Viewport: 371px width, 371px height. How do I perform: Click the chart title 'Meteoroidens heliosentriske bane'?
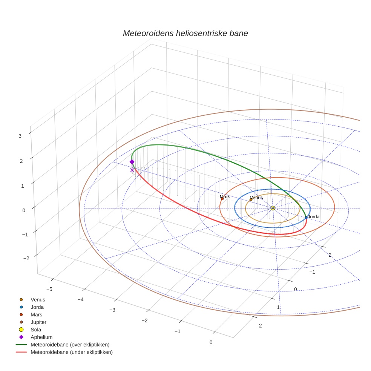coord(185,33)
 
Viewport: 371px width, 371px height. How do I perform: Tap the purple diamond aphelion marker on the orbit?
coord(132,162)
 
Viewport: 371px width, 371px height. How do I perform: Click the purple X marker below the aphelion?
coord(132,170)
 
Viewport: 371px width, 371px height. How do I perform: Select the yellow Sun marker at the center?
coord(273,208)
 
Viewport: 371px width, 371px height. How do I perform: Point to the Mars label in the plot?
coord(225,197)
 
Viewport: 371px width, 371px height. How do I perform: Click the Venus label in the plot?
coord(256,198)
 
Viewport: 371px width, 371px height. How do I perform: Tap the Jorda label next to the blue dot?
coord(314,217)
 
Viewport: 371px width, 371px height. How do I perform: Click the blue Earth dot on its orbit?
coord(306,218)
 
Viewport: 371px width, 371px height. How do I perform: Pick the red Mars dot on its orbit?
coord(222,199)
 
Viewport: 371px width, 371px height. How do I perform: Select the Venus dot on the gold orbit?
coord(251,200)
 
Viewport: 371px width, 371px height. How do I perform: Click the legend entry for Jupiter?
coord(38,322)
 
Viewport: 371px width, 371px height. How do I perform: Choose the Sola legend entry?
coord(36,330)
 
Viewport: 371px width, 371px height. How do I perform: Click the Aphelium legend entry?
coord(41,337)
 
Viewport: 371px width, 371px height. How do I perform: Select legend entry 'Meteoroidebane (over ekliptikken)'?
coord(70,345)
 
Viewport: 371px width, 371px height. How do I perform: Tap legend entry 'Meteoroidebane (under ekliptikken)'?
coord(71,352)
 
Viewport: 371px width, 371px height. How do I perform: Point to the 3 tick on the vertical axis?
coord(20,136)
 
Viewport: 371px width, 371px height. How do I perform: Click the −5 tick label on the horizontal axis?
coord(49,289)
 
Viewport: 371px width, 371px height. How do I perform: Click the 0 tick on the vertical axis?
coord(24,210)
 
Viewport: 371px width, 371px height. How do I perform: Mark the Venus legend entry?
coord(38,299)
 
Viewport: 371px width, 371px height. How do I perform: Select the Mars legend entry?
coord(36,314)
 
